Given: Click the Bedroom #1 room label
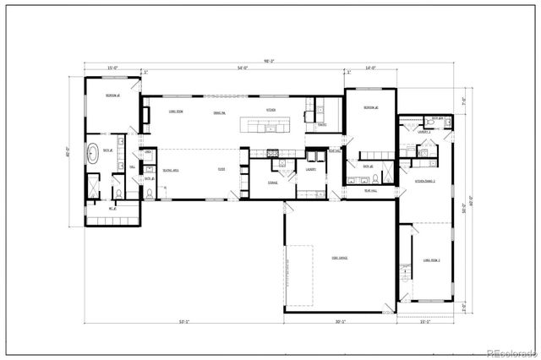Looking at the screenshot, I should tap(111, 96).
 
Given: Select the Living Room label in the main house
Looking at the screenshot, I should tap(176, 111).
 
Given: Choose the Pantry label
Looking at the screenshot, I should tap(322, 125).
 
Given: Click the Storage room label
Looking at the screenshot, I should tap(272, 182).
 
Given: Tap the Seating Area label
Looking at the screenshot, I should tap(170, 169).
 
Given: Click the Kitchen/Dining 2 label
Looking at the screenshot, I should tap(424, 181).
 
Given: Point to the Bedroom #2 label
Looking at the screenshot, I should tap(369, 108).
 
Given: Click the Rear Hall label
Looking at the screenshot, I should tap(369, 190).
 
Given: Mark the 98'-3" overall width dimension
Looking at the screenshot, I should tap(269, 61).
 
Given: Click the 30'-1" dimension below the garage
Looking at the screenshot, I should tap(340, 322).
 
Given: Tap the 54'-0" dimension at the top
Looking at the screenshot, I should tap(243, 68).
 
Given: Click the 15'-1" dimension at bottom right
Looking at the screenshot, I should tap(425, 322).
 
